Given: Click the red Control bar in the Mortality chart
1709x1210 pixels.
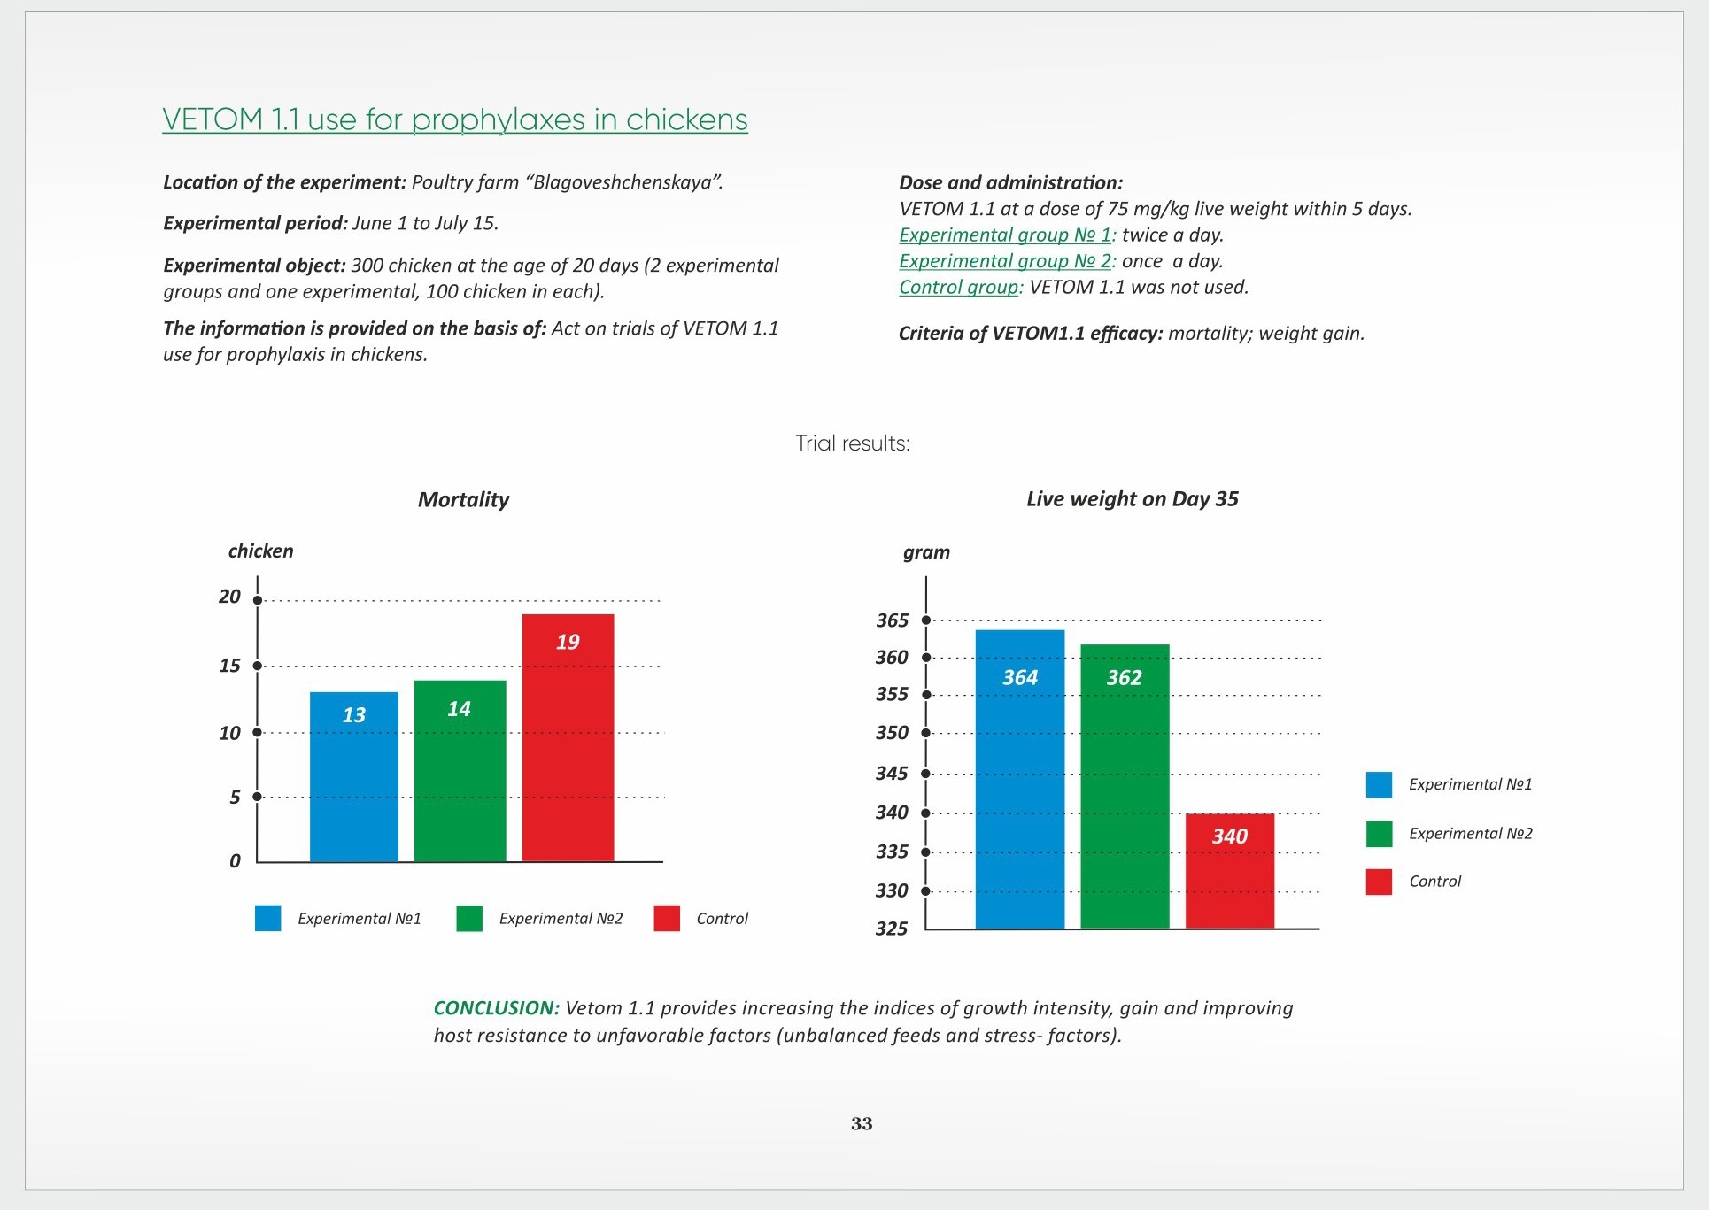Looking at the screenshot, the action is pyautogui.click(x=568, y=737).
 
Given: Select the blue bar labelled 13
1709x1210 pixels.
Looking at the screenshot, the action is pyautogui.click(x=354, y=776).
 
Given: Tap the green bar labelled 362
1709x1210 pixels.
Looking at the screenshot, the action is pyautogui.click(x=1125, y=786).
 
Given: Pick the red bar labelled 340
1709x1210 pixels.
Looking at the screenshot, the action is pyautogui.click(x=1230, y=871).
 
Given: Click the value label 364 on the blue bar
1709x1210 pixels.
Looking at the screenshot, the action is pyautogui.click(x=1020, y=678).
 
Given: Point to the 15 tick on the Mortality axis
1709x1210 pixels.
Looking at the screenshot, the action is pyautogui.click(x=229, y=666).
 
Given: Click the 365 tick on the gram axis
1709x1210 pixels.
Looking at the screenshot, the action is pyautogui.click(x=892, y=620).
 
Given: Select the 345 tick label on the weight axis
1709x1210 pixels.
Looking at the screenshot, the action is pyautogui.click(x=892, y=774).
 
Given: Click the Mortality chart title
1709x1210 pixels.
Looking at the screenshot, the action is pyautogui.click(x=463, y=499).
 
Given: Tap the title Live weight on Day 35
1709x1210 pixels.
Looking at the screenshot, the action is pyautogui.click(x=1133, y=499).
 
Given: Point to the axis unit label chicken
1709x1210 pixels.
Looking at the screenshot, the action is pyautogui.click(x=260, y=551).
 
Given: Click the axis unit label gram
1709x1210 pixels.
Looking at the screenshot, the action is pyautogui.click(x=926, y=552).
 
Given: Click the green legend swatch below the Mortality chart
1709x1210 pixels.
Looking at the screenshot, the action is pyautogui.click(x=469, y=919).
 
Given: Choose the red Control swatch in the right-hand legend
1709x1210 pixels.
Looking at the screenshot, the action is pyautogui.click(x=1379, y=882).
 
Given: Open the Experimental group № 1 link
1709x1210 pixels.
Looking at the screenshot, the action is pyautogui.click(x=1005, y=235).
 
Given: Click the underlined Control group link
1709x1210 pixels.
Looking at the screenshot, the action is pyautogui.click(x=959, y=288).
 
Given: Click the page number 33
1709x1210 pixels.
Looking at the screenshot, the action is pyautogui.click(x=862, y=1124).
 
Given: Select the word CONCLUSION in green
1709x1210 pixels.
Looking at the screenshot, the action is pyautogui.click(x=496, y=1008).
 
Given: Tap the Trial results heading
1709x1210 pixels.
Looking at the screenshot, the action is pyautogui.click(x=853, y=443).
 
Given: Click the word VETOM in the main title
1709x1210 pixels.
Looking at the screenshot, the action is pyautogui.click(x=213, y=119).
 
